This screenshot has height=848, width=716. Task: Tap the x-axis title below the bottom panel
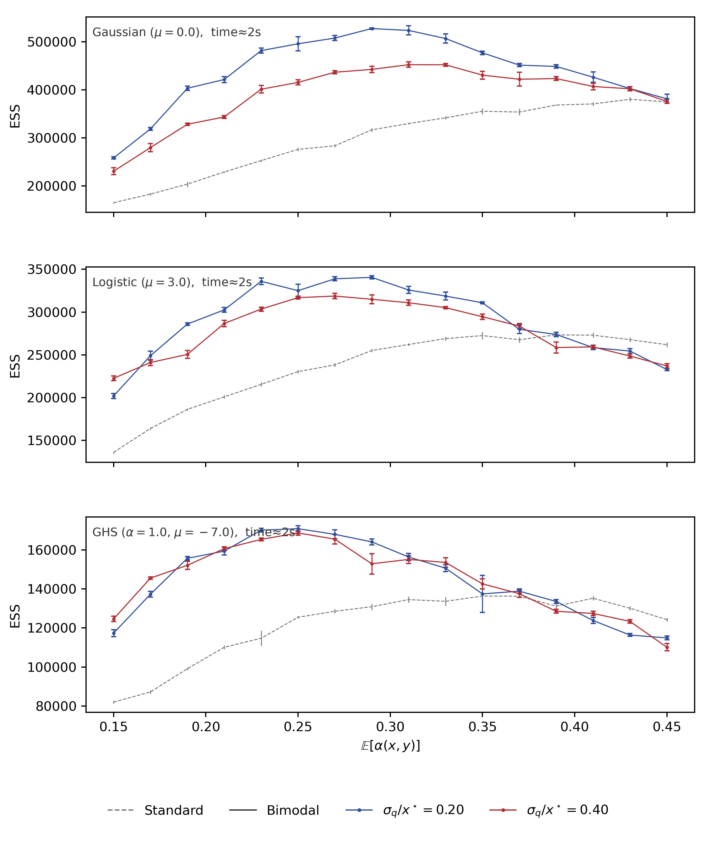point(390,746)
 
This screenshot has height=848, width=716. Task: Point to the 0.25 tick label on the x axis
point(298,727)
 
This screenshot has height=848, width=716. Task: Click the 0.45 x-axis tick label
point(666,727)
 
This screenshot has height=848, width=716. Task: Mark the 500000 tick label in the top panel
point(52,42)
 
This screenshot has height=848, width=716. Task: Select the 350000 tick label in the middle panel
point(52,269)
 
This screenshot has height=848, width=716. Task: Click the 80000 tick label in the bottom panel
point(56,706)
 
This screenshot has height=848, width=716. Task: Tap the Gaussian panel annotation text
point(176,32)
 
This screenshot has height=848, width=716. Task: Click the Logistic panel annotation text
point(172,283)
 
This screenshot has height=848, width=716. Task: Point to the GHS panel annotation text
point(194,532)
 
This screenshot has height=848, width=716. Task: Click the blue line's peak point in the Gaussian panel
point(372,28)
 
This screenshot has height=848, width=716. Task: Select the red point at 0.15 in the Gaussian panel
point(114,171)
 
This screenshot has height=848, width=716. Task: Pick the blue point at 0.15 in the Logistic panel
point(114,396)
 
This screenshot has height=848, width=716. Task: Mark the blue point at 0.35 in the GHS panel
point(482,594)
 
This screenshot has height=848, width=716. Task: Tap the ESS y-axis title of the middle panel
point(15,366)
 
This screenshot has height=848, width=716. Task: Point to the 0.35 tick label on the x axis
point(482,727)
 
